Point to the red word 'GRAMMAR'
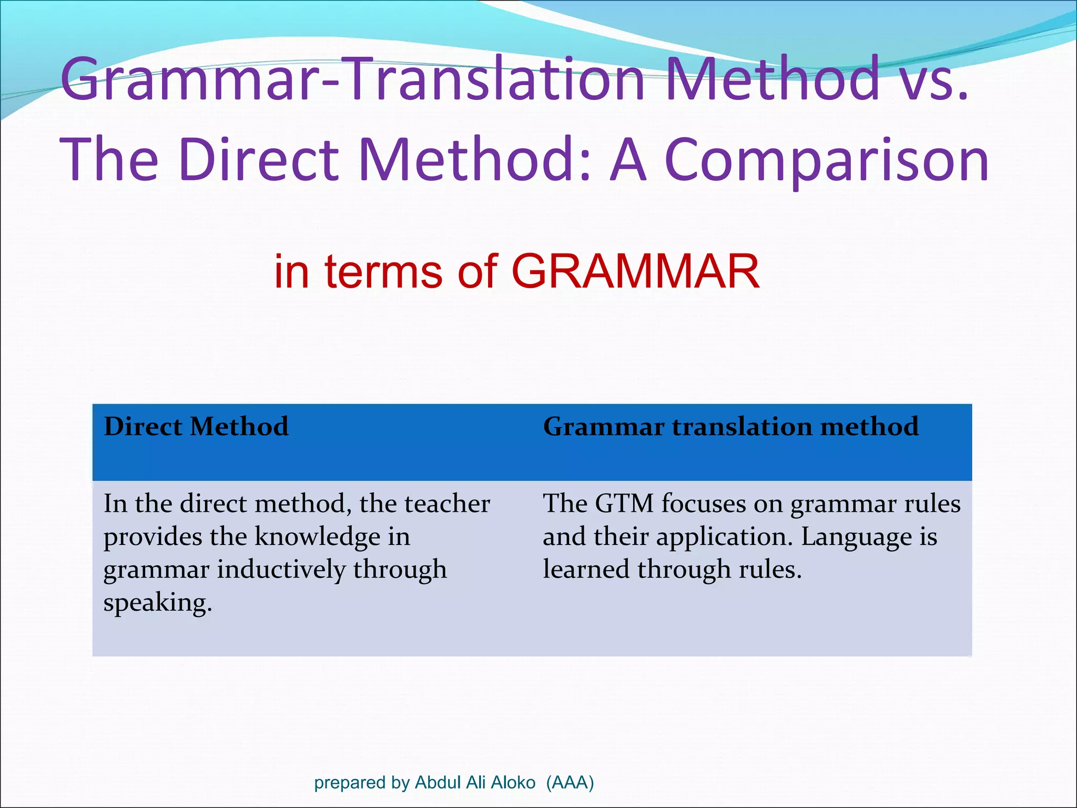[635, 272]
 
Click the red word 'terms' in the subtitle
[383, 272]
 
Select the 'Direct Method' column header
[196, 427]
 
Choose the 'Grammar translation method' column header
[730, 427]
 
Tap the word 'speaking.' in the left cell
[158, 603]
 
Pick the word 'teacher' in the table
[447, 503]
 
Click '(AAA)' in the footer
[570, 783]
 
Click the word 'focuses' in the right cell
[703, 503]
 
